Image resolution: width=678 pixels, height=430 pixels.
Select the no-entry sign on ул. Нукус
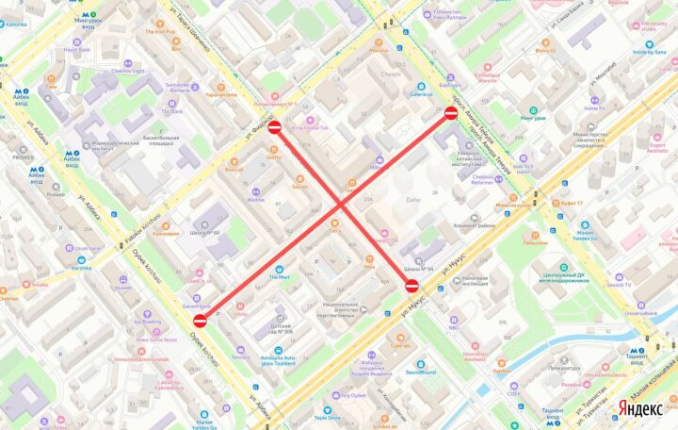(x=412, y=285)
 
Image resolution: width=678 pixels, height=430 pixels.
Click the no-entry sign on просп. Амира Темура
(x=451, y=114)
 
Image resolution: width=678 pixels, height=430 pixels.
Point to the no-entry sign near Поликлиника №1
(x=274, y=126)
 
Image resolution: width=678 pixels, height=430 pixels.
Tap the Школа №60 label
(x=203, y=233)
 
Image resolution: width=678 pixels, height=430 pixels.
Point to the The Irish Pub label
(x=159, y=32)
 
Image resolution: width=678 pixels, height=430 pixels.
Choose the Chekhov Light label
(x=125, y=70)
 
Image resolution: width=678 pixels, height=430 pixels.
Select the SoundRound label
(x=421, y=372)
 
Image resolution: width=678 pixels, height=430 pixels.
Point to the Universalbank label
(x=640, y=312)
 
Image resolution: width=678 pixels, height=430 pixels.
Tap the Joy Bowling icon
(x=148, y=311)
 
